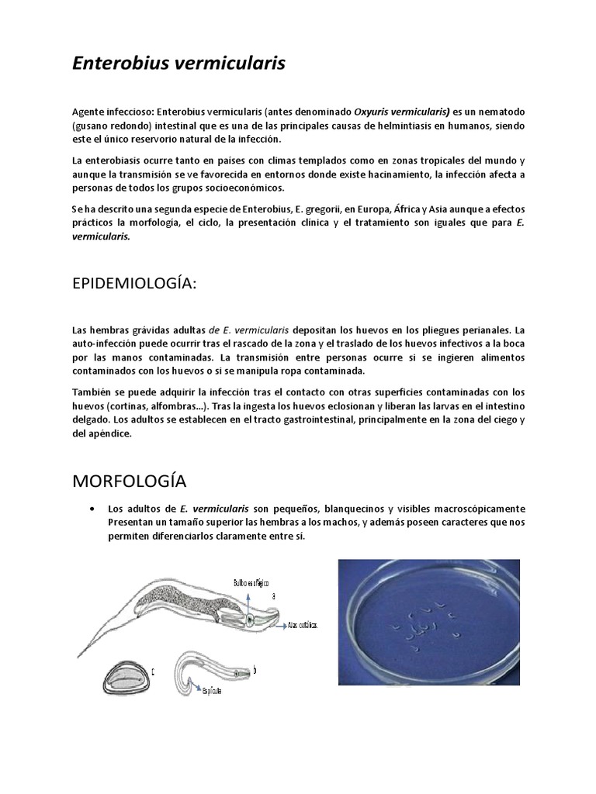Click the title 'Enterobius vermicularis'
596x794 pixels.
click(x=178, y=64)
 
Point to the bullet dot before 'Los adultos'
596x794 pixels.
click(x=93, y=509)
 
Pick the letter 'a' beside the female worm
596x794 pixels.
click(x=273, y=595)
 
